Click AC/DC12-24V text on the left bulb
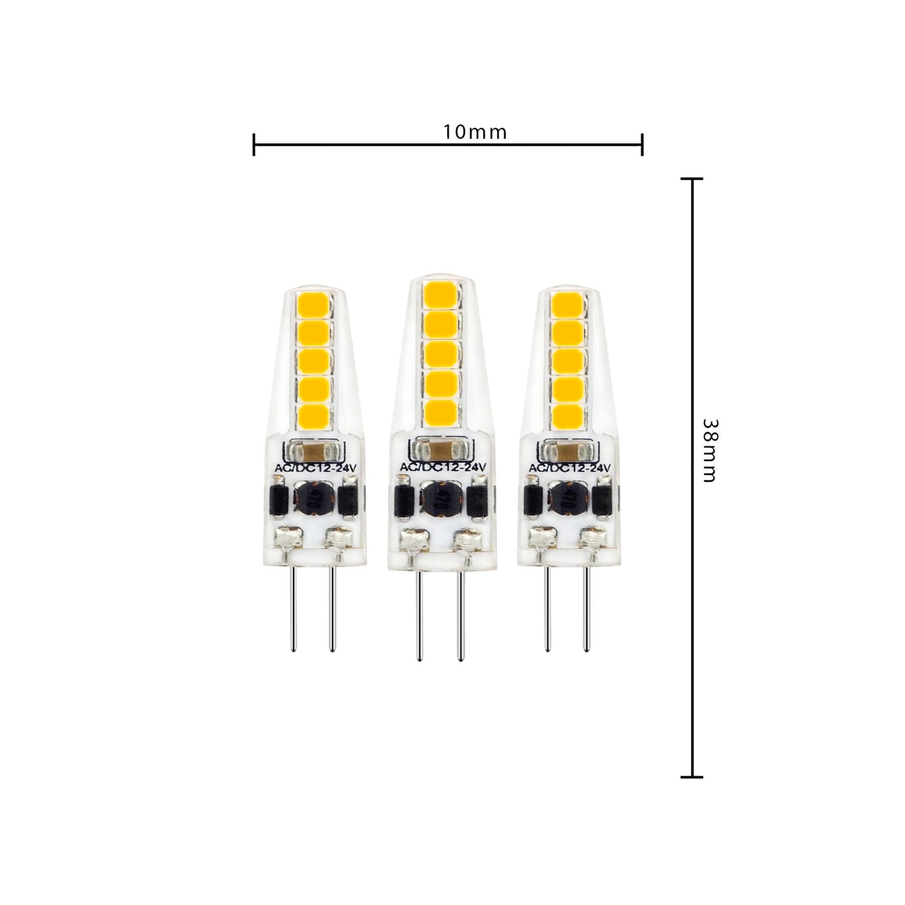coord(311,468)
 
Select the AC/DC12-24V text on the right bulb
coord(570,468)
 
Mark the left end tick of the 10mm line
coord(254,144)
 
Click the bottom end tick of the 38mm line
coord(691,777)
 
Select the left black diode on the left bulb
coord(278,500)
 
